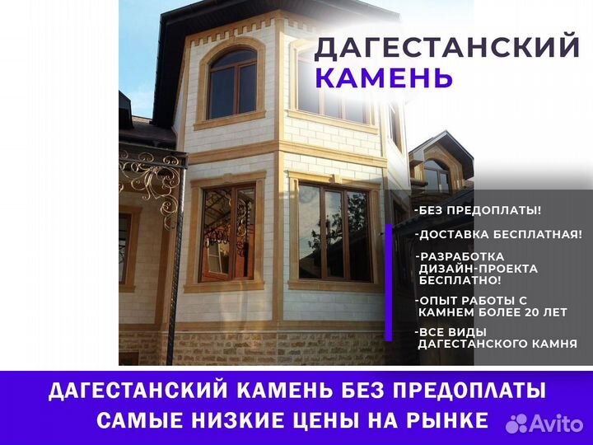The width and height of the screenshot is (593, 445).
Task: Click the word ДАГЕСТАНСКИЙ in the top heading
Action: (x=446, y=46)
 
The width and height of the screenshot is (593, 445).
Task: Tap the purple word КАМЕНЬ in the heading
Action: (x=384, y=77)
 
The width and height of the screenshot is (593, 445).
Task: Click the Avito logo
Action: (x=544, y=423)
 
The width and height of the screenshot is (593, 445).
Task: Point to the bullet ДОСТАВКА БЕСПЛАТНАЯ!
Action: (x=498, y=235)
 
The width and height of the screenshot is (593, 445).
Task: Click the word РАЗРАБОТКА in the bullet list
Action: (x=461, y=256)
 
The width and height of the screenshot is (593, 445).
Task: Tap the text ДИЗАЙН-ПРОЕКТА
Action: (x=478, y=269)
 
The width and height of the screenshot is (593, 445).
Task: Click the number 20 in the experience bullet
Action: (x=532, y=312)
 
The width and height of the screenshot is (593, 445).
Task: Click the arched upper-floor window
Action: (x=232, y=84)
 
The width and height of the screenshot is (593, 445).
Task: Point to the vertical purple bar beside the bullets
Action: (x=389, y=283)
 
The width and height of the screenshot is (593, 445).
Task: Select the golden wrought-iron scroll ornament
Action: (x=152, y=181)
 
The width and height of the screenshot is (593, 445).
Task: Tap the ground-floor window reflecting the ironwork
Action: (x=227, y=233)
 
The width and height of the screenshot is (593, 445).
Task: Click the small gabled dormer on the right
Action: (x=441, y=162)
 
